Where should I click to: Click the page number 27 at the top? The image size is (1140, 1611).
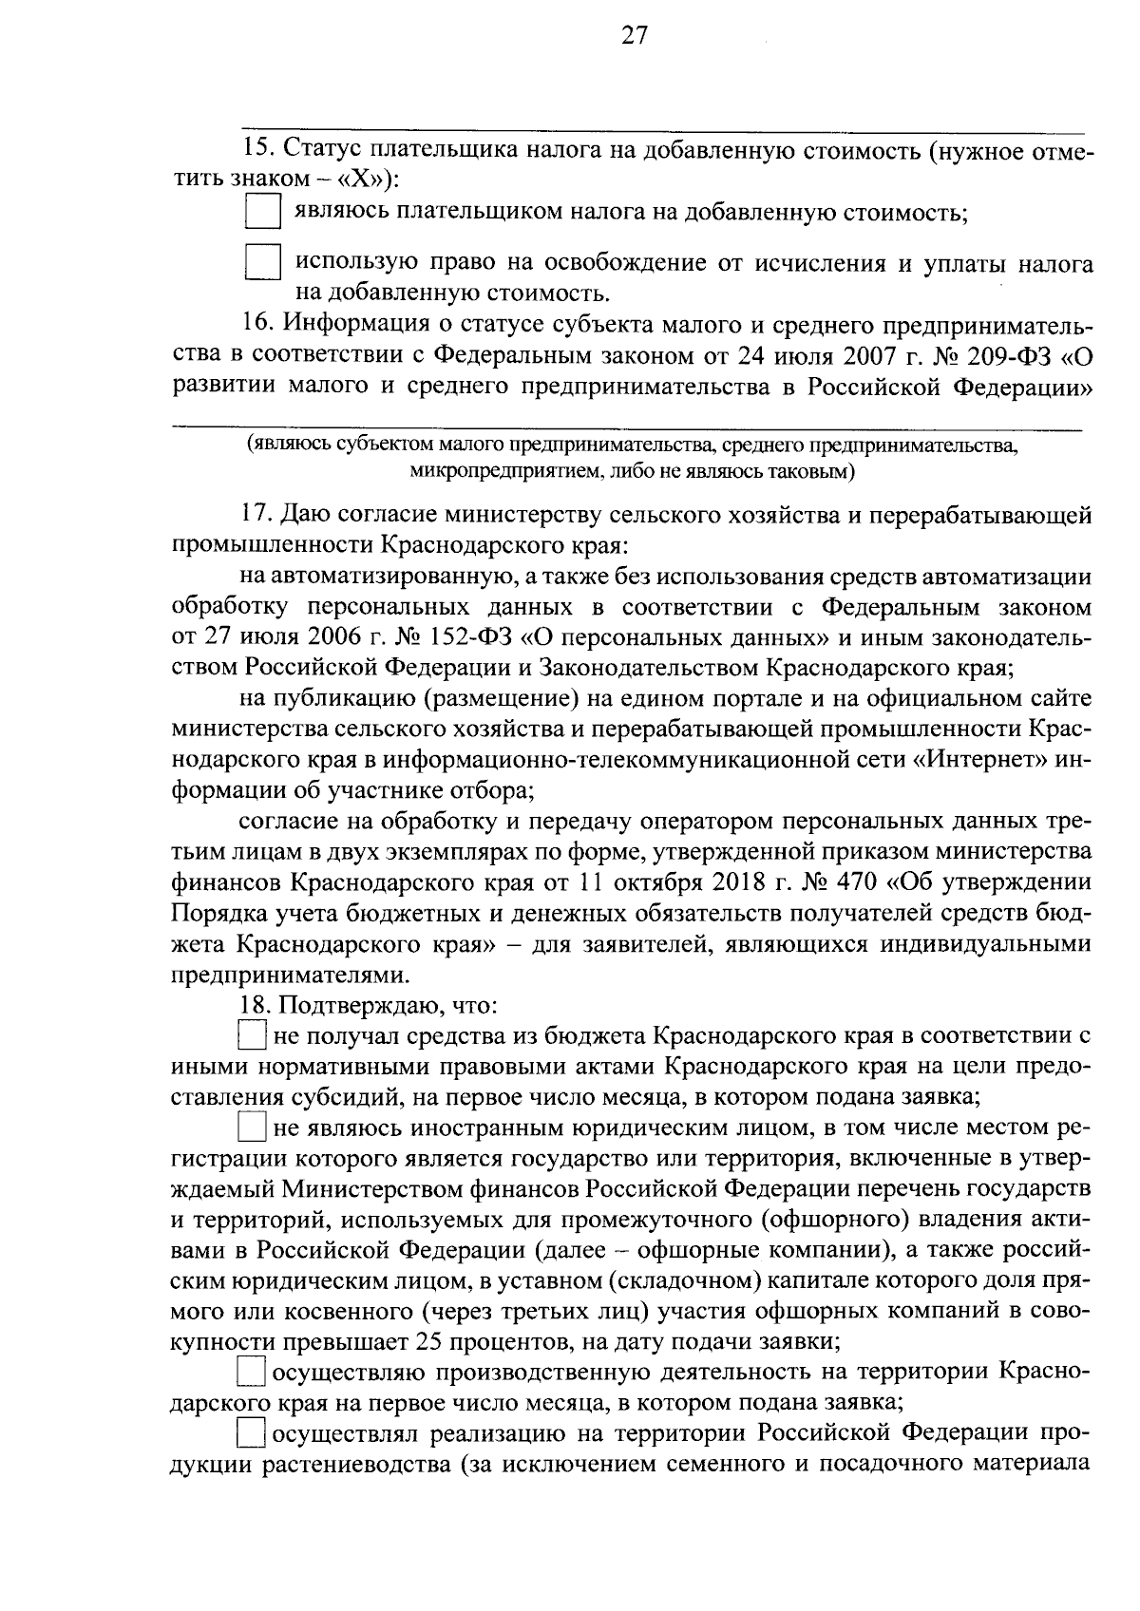pyautogui.click(x=634, y=36)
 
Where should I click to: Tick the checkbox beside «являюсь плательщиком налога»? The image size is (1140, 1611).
pyautogui.click(x=262, y=211)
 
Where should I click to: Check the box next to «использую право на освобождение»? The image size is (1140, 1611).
pyautogui.click(x=262, y=262)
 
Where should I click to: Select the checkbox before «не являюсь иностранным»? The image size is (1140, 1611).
pyautogui.click(x=252, y=1128)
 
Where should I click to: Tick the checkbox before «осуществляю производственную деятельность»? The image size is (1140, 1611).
pyautogui.click(x=252, y=1372)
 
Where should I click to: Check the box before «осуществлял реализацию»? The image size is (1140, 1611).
pyautogui.click(x=252, y=1433)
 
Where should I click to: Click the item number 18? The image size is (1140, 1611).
pyautogui.click(x=256, y=1005)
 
